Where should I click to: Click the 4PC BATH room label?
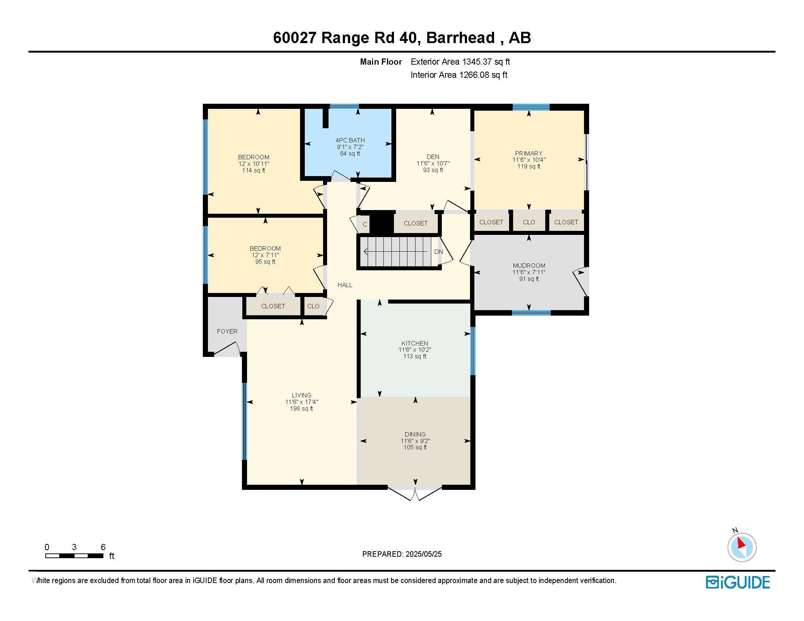pyautogui.click(x=350, y=140)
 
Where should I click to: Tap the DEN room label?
pyautogui.click(x=433, y=157)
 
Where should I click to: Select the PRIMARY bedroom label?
pyautogui.click(x=529, y=153)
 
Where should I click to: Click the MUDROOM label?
pyautogui.click(x=529, y=266)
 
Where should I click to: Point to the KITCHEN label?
pyautogui.click(x=415, y=343)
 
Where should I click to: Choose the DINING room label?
pyautogui.click(x=415, y=434)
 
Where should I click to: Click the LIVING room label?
pyautogui.click(x=301, y=396)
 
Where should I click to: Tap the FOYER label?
pyautogui.click(x=227, y=331)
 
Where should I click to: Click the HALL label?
pyautogui.click(x=345, y=285)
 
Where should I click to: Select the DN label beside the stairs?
pyautogui.click(x=439, y=252)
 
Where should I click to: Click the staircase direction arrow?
pyautogui.click(x=394, y=252)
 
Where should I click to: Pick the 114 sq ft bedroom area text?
pyautogui.click(x=254, y=170)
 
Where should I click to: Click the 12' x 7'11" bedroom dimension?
pyautogui.click(x=265, y=255)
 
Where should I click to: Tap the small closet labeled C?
pyautogui.click(x=365, y=224)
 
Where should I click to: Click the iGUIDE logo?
pyautogui.click(x=738, y=582)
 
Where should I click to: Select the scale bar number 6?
pyautogui.click(x=103, y=547)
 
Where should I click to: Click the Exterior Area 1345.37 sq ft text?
pyautogui.click(x=460, y=62)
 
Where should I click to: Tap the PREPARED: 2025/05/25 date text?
pyautogui.click(x=402, y=554)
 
